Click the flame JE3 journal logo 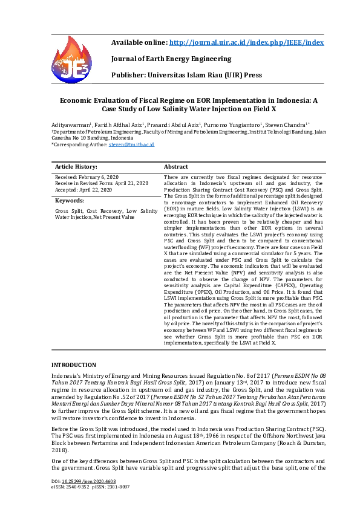pyautogui.click(x=75, y=60)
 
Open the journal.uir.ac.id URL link pyautogui.click(x=247, y=42)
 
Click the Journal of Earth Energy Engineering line pyautogui.click(x=171, y=59)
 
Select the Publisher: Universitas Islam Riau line pyautogui.click(x=186, y=75)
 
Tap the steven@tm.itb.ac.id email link pyautogui.click(x=131, y=145)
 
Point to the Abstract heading pyautogui.click(x=176, y=166)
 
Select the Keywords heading pyautogui.click(x=70, y=199)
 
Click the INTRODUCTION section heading pyautogui.click(x=73, y=365)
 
